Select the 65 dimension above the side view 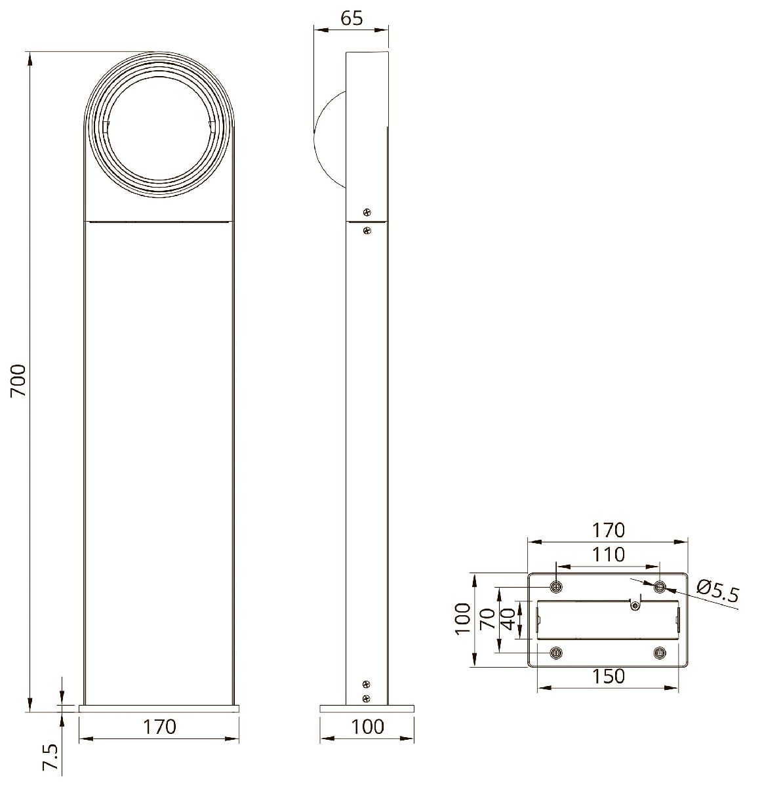point(351,18)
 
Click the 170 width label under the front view point(159,727)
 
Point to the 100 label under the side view point(367,727)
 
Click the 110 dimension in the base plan point(608,555)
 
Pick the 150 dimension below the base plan point(608,676)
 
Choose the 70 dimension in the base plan point(487,617)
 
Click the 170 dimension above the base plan point(608,529)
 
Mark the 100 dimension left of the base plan point(463,618)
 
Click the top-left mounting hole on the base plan point(556,586)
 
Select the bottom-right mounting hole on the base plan point(660,653)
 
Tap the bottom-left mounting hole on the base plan point(556,653)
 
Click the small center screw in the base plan point(634,606)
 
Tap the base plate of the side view point(367,708)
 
